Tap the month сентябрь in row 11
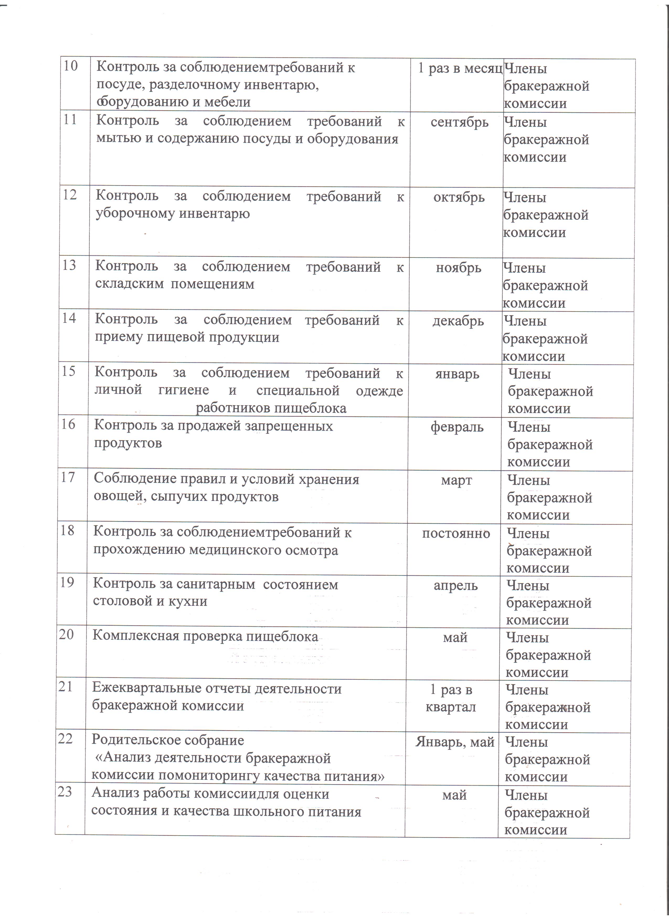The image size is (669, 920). [459, 122]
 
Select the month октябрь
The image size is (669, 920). [459, 197]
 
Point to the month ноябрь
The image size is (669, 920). [458, 268]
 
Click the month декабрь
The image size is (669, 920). [458, 321]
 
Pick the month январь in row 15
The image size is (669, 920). [457, 374]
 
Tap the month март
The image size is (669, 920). [456, 480]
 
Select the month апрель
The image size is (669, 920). [456, 586]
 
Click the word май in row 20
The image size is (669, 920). [455, 638]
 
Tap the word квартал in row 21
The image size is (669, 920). [451, 707]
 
